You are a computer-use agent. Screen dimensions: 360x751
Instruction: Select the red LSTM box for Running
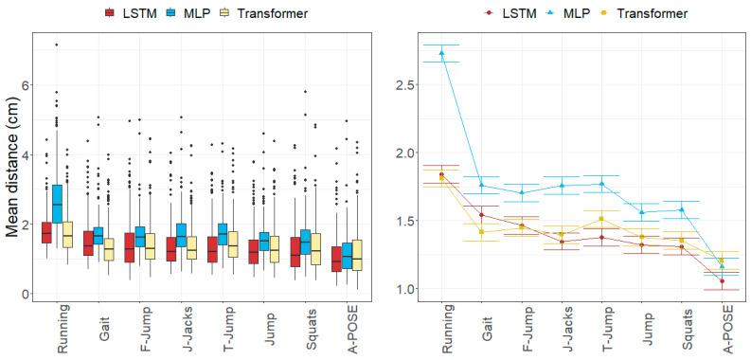[45, 231]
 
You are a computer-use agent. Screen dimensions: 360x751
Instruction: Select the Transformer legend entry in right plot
[642, 13]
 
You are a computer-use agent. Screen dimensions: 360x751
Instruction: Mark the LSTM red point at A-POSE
[723, 281]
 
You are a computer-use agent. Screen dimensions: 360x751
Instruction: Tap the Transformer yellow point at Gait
[481, 231]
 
